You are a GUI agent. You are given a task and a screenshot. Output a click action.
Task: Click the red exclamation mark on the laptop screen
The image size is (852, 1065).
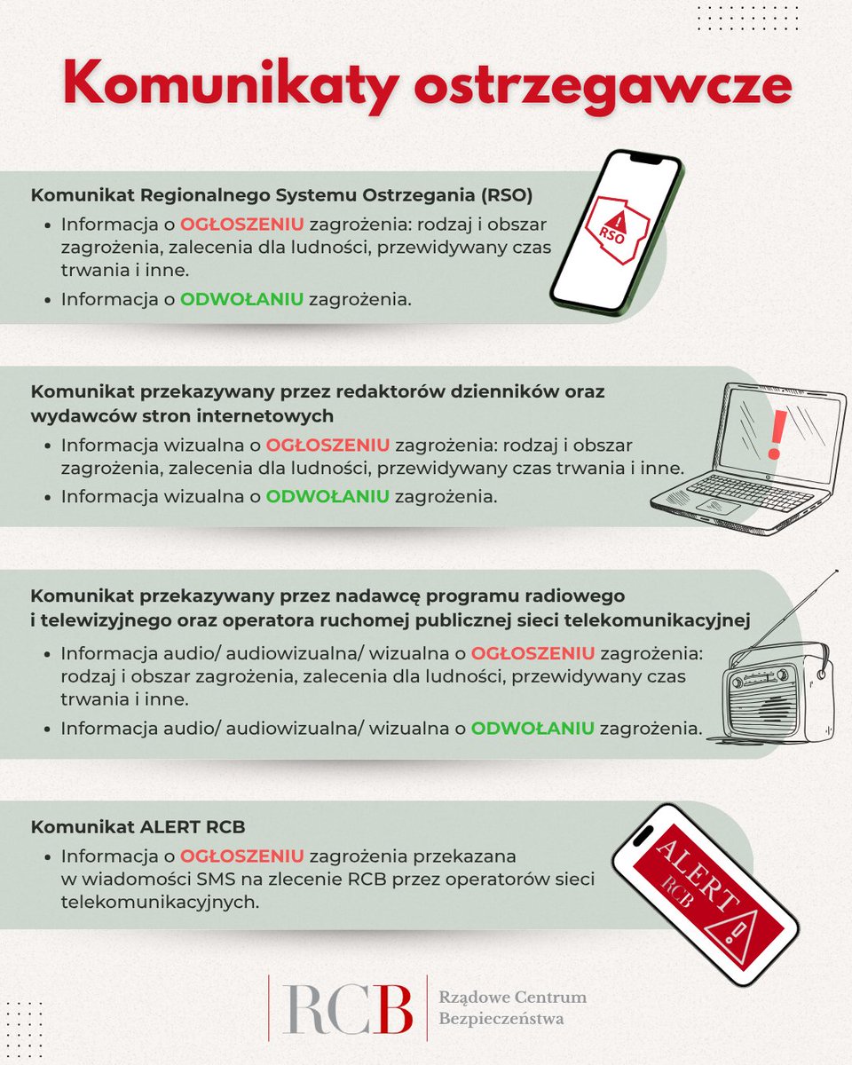tap(778, 434)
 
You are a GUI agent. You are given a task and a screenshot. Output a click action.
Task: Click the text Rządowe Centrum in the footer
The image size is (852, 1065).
tap(513, 998)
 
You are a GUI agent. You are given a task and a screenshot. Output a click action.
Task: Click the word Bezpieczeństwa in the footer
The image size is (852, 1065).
tap(501, 1019)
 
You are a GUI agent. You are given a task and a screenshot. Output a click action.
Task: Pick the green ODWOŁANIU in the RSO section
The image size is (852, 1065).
tap(242, 299)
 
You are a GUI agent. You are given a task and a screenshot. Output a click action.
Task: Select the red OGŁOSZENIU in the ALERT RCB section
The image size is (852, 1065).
tap(242, 856)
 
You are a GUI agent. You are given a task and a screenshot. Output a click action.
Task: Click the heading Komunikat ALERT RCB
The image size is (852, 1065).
tap(138, 827)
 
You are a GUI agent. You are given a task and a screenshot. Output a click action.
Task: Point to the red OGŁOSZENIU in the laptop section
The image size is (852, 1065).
tap(328, 444)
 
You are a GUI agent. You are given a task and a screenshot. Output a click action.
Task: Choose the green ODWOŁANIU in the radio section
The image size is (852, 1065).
tap(532, 728)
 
